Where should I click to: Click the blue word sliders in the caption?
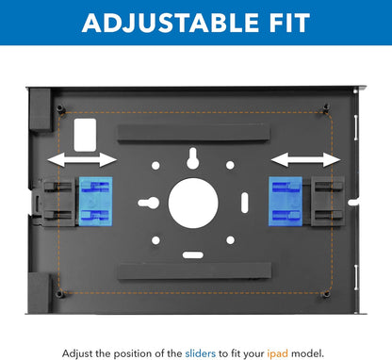coord(201,353)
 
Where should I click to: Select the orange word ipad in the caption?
coord(278,353)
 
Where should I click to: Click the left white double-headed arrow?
coord(82,159)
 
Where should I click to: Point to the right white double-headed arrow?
coord(305,159)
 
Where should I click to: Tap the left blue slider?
coord(95,202)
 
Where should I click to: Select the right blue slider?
coord(286,202)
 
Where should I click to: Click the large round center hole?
coord(193,203)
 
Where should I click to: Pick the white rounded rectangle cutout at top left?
coord(85,135)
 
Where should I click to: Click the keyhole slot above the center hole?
coord(192,158)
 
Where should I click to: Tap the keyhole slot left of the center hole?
coord(149,203)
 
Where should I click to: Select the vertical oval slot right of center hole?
coord(245,203)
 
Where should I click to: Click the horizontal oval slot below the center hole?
coord(193,254)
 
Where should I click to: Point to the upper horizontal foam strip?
coord(193,132)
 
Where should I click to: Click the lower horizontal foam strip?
coord(194,271)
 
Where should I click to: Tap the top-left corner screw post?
coord(60,109)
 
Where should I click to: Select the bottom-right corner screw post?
coord(326,294)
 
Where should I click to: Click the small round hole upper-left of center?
coord(155,166)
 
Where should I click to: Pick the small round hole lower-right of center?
coord(231,240)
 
